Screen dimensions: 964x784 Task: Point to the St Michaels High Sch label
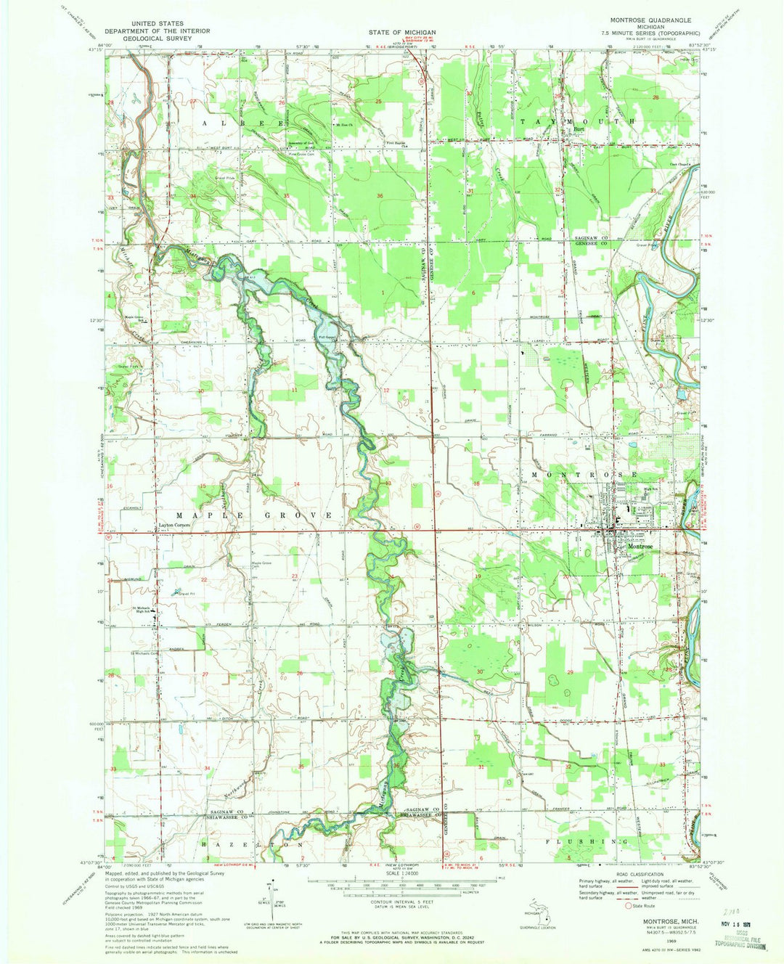(144, 610)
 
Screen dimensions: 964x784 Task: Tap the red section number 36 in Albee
(380, 197)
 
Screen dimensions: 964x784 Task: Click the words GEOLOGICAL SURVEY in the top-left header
(157, 38)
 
